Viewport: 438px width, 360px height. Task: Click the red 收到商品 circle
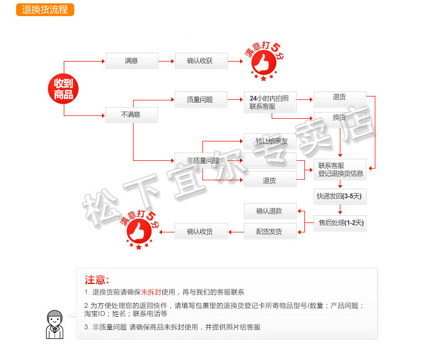click(x=63, y=88)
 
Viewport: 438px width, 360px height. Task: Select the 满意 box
click(x=132, y=60)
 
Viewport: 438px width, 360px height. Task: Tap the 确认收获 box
click(x=201, y=60)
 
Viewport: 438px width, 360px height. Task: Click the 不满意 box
click(x=131, y=114)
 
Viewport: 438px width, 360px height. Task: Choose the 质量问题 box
click(x=201, y=100)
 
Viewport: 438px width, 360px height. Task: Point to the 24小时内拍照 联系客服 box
click(x=270, y=102)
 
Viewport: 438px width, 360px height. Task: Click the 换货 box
click(x=340, y=118)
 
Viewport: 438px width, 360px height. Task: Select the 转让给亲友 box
click(x=271, y=141)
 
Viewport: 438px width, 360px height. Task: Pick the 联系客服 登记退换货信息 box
click(x=340, y=169)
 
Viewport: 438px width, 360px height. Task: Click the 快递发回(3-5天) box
click(x=340, y=196)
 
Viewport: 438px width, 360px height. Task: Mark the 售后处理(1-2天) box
click(x=340, y=223)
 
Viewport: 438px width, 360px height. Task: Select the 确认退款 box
click(x=270, y=211)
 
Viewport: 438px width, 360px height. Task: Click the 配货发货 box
click(x=270, y=231)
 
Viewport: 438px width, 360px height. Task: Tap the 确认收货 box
click(x=201, y=231)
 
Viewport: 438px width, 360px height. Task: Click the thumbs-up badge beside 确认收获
click(x=264, y=60)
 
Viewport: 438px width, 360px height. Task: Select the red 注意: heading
click(x=97, y=280)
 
